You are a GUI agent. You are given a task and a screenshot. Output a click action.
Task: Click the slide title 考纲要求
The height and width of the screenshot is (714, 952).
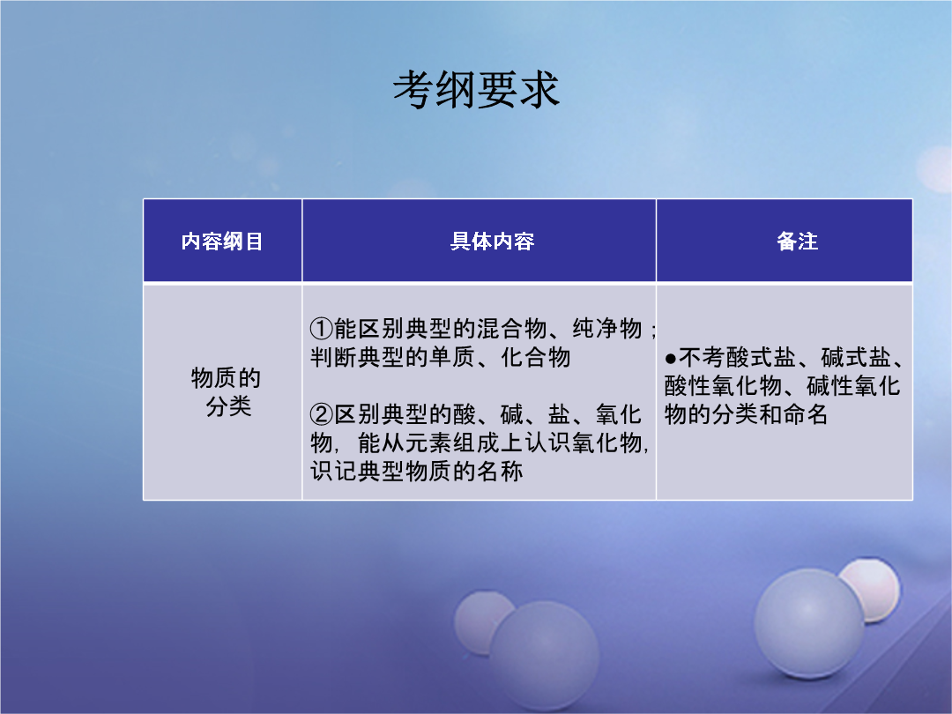point(476,90)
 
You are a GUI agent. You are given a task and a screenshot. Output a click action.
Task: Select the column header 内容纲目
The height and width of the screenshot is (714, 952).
point(222,242)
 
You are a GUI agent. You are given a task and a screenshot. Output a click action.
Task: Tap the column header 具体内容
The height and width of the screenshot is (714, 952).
point(493,242)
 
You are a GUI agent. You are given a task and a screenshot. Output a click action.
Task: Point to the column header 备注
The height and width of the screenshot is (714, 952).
point(797,242)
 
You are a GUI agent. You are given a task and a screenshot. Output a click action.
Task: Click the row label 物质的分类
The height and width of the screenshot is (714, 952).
point(227,391)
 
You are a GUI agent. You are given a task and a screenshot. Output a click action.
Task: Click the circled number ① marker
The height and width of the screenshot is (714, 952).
point(321,329)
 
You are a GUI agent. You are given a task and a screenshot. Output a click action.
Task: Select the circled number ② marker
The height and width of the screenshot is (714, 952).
point(321,414)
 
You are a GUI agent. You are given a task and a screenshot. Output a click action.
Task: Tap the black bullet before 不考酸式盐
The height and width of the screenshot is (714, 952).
point(670,358)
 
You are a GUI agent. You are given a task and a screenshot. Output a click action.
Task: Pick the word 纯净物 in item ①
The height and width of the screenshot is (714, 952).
point(607,329)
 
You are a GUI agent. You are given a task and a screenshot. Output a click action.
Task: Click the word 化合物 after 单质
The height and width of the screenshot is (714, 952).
point(536,357)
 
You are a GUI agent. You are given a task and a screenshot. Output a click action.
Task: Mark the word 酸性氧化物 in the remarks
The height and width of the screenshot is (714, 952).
point(723,386)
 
